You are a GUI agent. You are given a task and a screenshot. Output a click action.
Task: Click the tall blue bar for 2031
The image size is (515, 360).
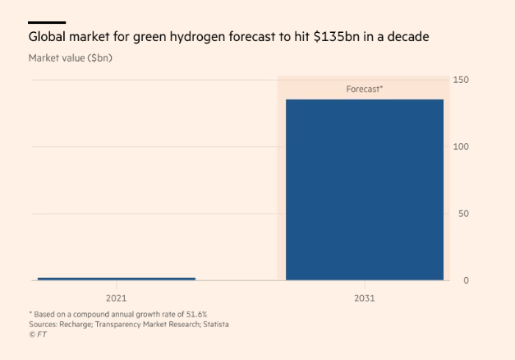tap(364, 189)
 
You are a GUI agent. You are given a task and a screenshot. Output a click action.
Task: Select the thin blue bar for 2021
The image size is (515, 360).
tap(117, 279)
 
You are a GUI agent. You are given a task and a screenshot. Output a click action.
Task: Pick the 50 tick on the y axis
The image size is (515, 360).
tap(462, 213)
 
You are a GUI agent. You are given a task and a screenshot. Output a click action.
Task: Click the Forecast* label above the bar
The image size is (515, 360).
tap(364, 89)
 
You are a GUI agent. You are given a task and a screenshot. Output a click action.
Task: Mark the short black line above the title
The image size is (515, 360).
tap(47, 22)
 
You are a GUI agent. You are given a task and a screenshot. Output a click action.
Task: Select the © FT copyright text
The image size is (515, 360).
tap(38, 335)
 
